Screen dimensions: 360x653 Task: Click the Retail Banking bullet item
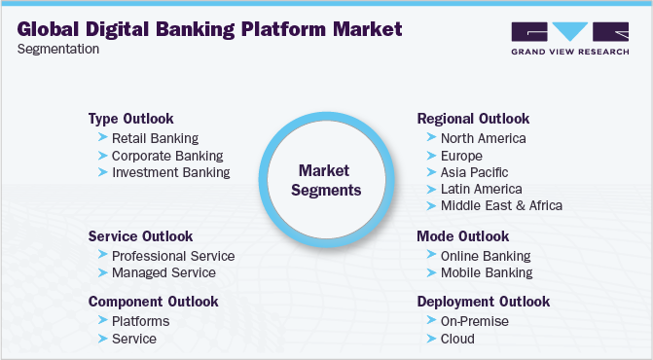coord(154,138)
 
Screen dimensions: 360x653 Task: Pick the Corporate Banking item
coord(166,155)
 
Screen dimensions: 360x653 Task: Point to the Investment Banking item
coord(170,172)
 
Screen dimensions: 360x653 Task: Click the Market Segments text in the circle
coord(329,180)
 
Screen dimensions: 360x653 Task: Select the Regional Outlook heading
coord(473,119)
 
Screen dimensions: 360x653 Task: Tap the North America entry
coord(483,138)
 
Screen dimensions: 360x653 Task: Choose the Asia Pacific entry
coord(474,172)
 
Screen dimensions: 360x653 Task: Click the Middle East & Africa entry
coord(501,205)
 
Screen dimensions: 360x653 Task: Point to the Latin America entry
coord(481,189)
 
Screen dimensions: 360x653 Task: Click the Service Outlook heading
coord(140,236)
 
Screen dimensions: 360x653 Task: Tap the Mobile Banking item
coord(487,272)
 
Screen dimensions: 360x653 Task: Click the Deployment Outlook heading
coord(483,302)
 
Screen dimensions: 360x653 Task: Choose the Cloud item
coord(457,339)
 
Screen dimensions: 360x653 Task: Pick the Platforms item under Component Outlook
coord(140,321)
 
